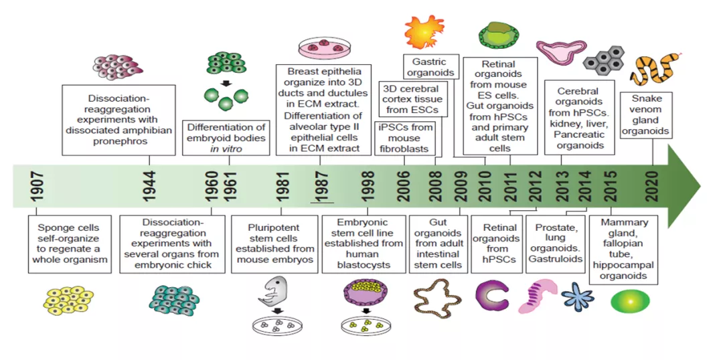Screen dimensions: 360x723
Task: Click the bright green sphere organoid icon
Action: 629,300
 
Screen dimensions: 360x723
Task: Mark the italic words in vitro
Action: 226,148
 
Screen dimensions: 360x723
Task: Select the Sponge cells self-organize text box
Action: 69,243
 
